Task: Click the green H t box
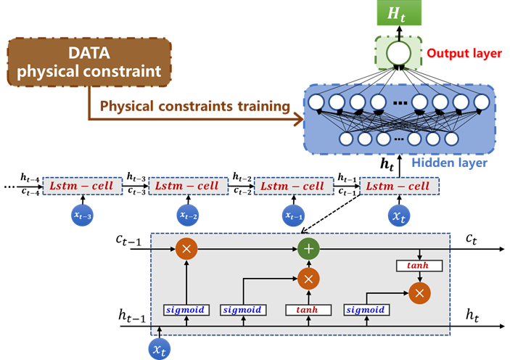click(x=398, y=14)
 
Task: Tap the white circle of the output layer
click(x=398, y=53)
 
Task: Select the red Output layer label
click(x=464, y=54)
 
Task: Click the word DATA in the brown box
click(x=89, y=53)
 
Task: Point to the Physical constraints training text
click(x=194, y=107)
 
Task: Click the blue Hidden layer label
click(x=449, y=163)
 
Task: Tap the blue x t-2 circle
click(x=187, y=215)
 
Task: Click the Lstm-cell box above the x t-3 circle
click(x=82, y=186)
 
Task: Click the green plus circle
click(x=308, y=249)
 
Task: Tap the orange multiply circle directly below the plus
click(x=308, y=278)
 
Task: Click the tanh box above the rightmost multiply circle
click(x=417, y=266)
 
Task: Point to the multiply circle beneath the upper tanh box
click(x=419, y=292)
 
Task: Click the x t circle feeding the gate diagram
click(x=160, y=349)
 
